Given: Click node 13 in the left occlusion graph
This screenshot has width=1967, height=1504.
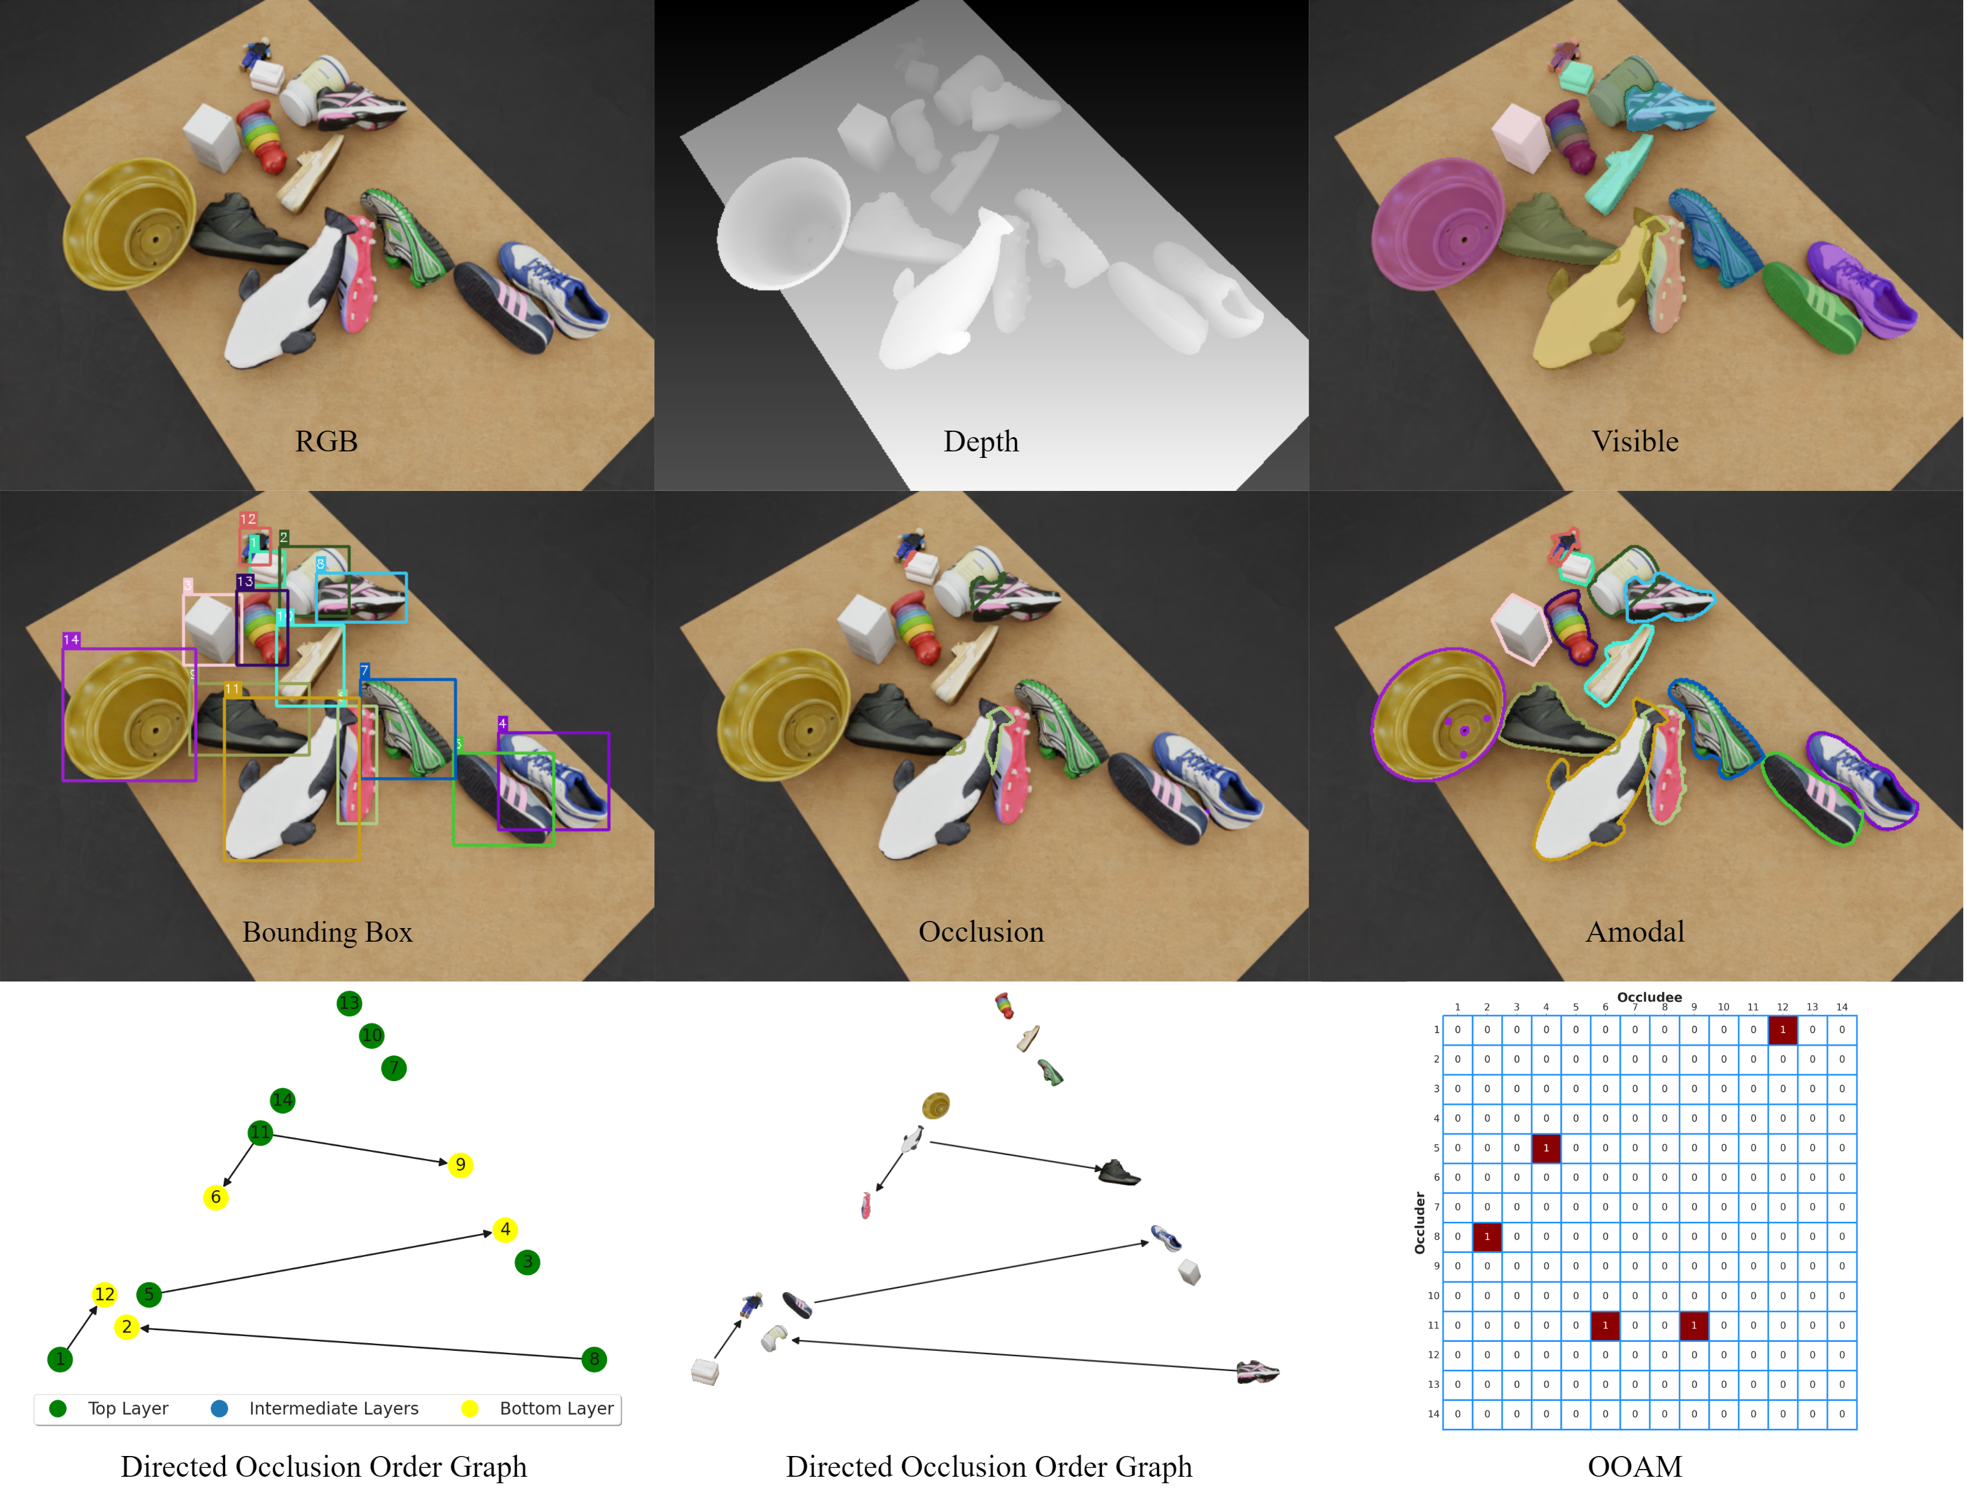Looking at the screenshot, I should coord(349,1003).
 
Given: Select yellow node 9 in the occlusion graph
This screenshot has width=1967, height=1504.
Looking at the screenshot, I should coord(460,1165).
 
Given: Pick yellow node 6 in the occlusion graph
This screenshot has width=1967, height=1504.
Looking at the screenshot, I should coord(216,1197).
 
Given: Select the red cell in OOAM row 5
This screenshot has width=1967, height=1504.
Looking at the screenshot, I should coord(1545,1148).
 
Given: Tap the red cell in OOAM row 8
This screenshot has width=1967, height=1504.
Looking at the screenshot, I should coord(1486,1236).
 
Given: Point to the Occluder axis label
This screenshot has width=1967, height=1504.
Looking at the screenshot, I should coord(1419,1222).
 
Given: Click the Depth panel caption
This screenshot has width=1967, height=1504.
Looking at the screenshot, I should coord(981,442).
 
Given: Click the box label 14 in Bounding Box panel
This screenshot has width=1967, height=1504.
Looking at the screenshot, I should coord(71,640).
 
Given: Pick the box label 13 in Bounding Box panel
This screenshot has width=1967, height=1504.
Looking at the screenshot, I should coord(244,582).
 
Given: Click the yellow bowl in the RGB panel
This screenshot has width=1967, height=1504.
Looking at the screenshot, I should coord(130,224).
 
